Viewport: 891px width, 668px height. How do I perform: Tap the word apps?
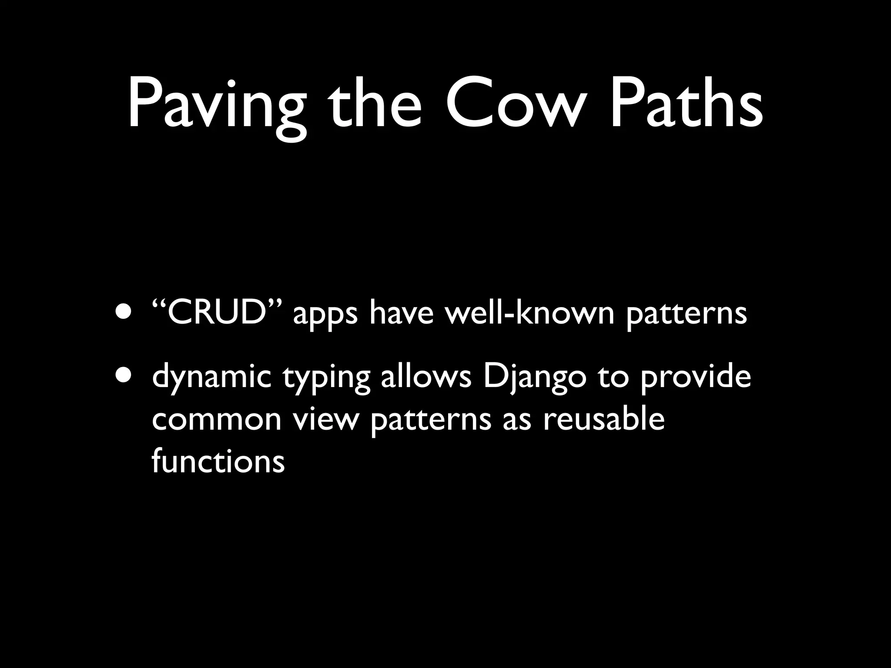[x=325, y=314]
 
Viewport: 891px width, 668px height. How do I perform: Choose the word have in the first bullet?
[x=401, y=312]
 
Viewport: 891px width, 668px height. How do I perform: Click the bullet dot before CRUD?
[x=125, y=312]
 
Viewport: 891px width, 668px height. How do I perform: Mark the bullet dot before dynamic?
[x=125, y=374]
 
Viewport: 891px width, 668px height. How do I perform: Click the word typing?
[x=326, y=377]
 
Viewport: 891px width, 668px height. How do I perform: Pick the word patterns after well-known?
[x=686, y=314]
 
